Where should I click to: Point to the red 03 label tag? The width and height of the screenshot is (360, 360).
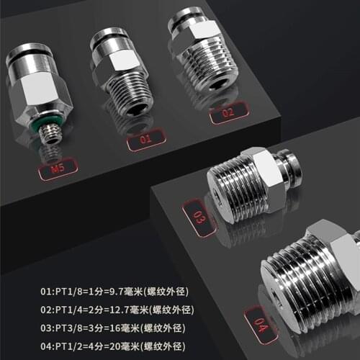click(x=199, y=217)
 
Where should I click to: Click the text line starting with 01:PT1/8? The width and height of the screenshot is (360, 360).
click(x=107, y=292)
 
